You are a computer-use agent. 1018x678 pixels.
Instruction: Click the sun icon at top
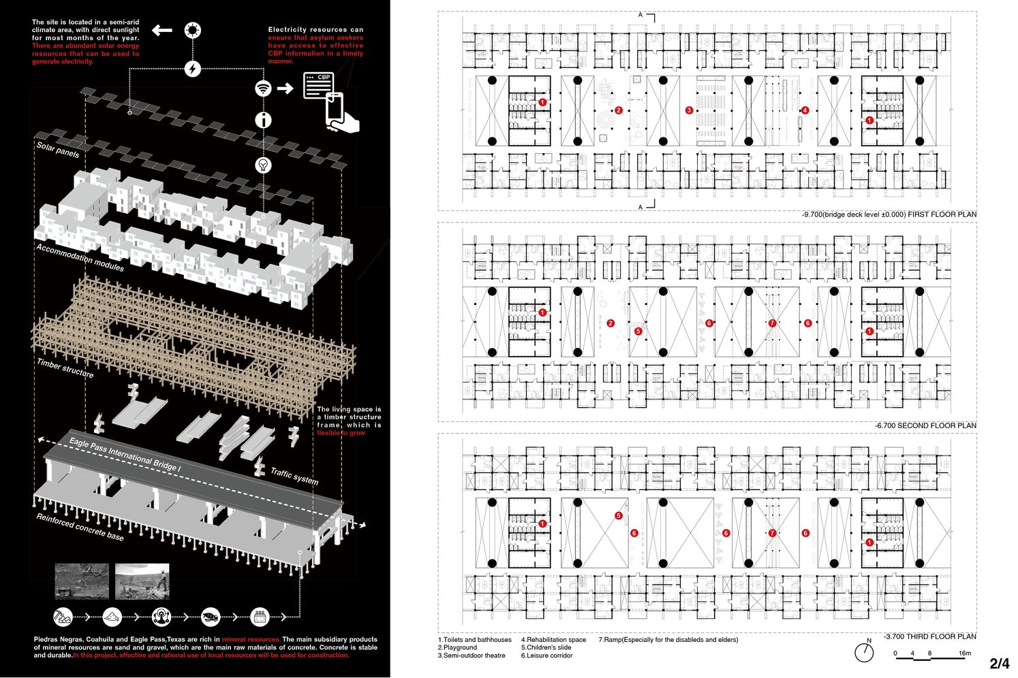tap(193, 31)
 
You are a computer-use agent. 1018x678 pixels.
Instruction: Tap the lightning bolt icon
tap(193, 69)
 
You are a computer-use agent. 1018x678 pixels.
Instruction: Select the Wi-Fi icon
tap(263, 88)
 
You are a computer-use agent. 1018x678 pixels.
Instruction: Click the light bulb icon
tap(263, 165)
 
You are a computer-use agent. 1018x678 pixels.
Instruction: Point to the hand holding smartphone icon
tap(341, 112)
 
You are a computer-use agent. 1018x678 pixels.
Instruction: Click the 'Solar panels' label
tap(58, 150)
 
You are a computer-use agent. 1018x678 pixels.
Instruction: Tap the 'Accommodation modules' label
tap(80, 257)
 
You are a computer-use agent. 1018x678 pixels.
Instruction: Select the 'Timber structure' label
tap(65, 368)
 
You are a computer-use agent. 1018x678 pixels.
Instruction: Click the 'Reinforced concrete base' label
tap(80, 527)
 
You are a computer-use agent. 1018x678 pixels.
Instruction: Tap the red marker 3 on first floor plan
tap(689, 110)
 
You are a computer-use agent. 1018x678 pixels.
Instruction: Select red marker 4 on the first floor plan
tap(805, 110)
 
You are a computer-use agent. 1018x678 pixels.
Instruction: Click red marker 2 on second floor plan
tap(611, 323)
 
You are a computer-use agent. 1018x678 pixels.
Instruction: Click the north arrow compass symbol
tap(864, 651)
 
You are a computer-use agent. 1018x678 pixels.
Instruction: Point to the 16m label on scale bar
tap(965, 653)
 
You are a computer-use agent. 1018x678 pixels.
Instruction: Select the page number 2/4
tap(1000, 663)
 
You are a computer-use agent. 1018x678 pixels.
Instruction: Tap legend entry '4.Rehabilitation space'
tap(553, 640)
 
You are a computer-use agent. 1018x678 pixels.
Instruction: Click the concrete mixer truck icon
tap(211, 617)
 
